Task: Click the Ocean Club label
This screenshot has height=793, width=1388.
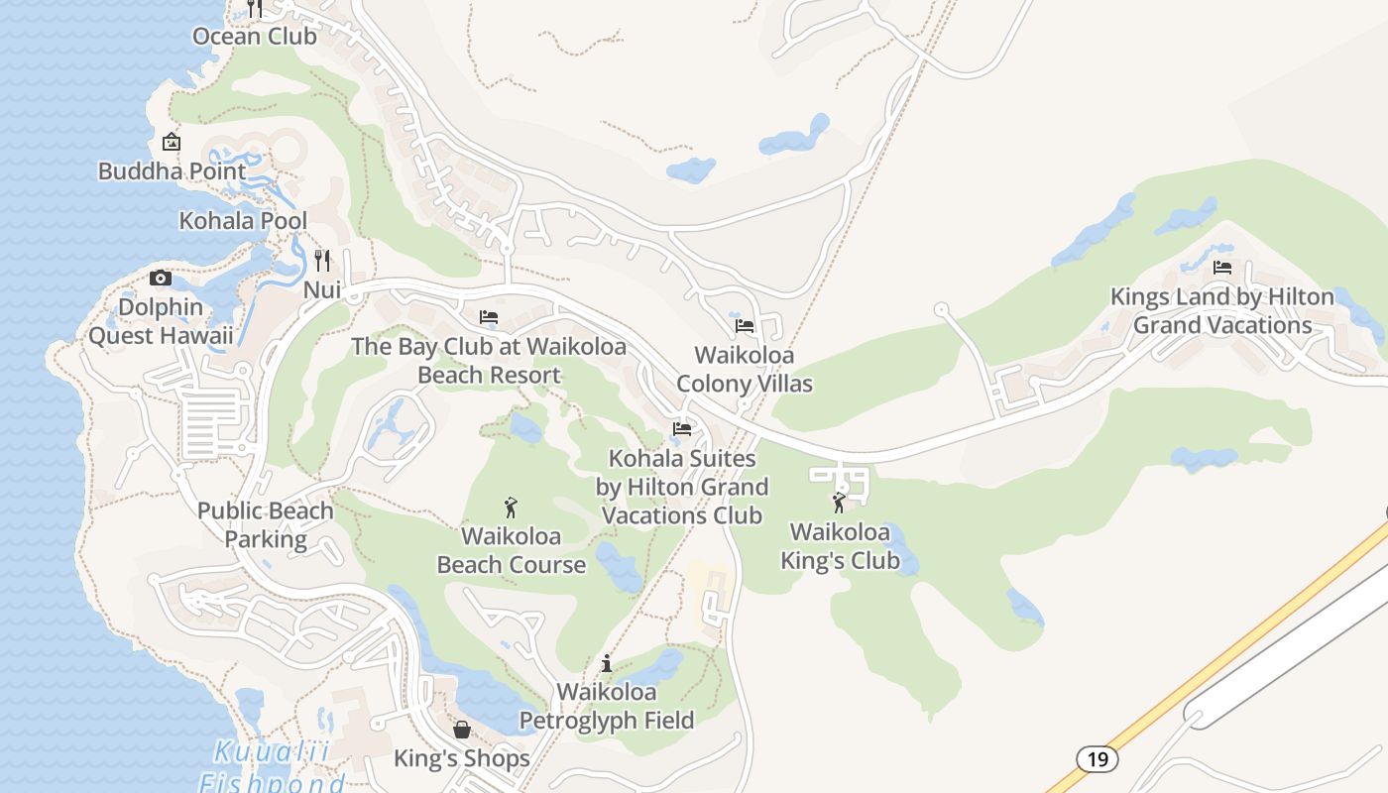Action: (255, 37)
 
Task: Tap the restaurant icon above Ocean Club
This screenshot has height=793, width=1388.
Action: (255, 8)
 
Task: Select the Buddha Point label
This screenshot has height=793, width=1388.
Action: (172, 171)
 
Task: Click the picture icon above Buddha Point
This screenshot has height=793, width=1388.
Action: (172, 142)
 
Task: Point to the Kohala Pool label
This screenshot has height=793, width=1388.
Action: (243, 221)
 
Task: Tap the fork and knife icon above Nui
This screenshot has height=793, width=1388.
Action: (321, 261)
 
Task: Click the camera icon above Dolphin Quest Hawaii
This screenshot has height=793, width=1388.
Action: (161, 279)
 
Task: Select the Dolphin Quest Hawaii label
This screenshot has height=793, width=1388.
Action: (161, 321)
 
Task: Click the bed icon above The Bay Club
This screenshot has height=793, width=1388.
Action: (489, 317)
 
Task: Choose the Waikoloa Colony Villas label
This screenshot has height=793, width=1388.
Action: (744, 370)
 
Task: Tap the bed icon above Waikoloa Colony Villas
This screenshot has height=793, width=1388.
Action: (745, 325)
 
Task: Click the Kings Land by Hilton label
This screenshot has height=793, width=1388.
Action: (1222, 311)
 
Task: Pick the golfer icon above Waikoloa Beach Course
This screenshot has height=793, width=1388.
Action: (511, 508)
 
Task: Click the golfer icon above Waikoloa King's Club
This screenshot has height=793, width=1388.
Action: (840, 503)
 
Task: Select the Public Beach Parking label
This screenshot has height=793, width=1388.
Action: (265, 525)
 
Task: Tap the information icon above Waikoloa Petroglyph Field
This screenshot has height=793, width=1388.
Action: (607, 663)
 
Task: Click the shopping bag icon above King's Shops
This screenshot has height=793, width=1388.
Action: (462, 730)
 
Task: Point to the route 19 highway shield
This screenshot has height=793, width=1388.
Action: (1097, 759)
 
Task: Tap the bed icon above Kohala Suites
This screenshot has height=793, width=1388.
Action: (682, 429)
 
